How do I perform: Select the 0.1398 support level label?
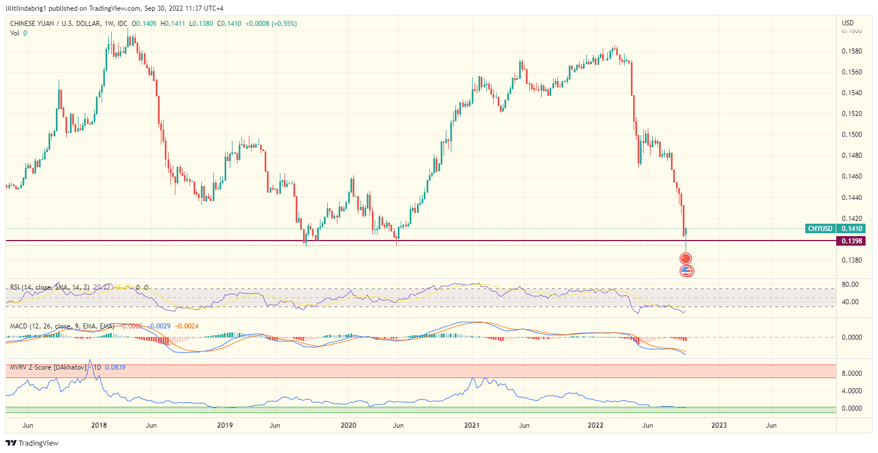click(x=851, y=241)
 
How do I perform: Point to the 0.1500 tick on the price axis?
click(x=851, y=135)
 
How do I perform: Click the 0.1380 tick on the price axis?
click(x=851, y=260)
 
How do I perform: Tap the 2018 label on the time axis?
click(x=99, y=425)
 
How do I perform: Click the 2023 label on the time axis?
click(x=719, y=425)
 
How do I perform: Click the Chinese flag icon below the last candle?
click(x=686, y=259)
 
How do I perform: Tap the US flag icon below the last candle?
click(x=686, y=271)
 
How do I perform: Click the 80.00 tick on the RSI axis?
click(x=850, y=285)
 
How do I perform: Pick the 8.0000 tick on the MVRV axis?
click(x=851, y=374)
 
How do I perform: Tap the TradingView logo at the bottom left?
click(x=32, y=443)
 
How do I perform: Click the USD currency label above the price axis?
click(x=848, y=23)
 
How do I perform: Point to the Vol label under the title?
click(x=15, y=33)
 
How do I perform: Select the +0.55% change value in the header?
click(x=284, y=24)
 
